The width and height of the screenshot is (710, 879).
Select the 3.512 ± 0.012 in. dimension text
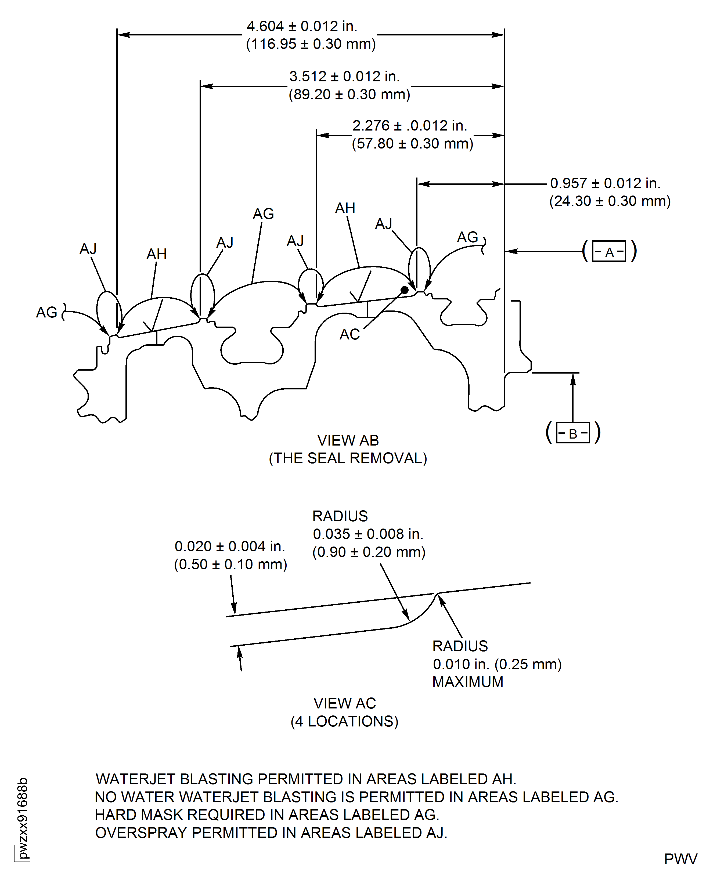pyautogui.click(x=344, y=77)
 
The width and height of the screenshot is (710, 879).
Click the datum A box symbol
pyautogui.click(x=609, y=251)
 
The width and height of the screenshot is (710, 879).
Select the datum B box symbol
pyautogui.click(x=573, y=433)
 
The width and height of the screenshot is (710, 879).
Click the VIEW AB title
pyautogui.click(x=348, y=441)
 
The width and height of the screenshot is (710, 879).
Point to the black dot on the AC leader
pyautogui.click(x=405, y=290)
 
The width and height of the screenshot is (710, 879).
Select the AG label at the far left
pyautogui.click(x=47, y=312)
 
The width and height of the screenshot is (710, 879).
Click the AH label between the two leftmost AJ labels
pyautogui.click(x=157, y=254)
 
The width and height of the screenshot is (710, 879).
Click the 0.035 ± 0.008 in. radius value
pyautogui.click(x=368, y=534)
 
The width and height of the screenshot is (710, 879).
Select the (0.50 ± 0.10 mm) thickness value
pyautogui.click(x=231, y=565)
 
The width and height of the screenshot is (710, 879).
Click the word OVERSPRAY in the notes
pyautogui.click(x=141, y=833)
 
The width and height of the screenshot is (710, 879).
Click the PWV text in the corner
pyautogui.click(x=680, y=859)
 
